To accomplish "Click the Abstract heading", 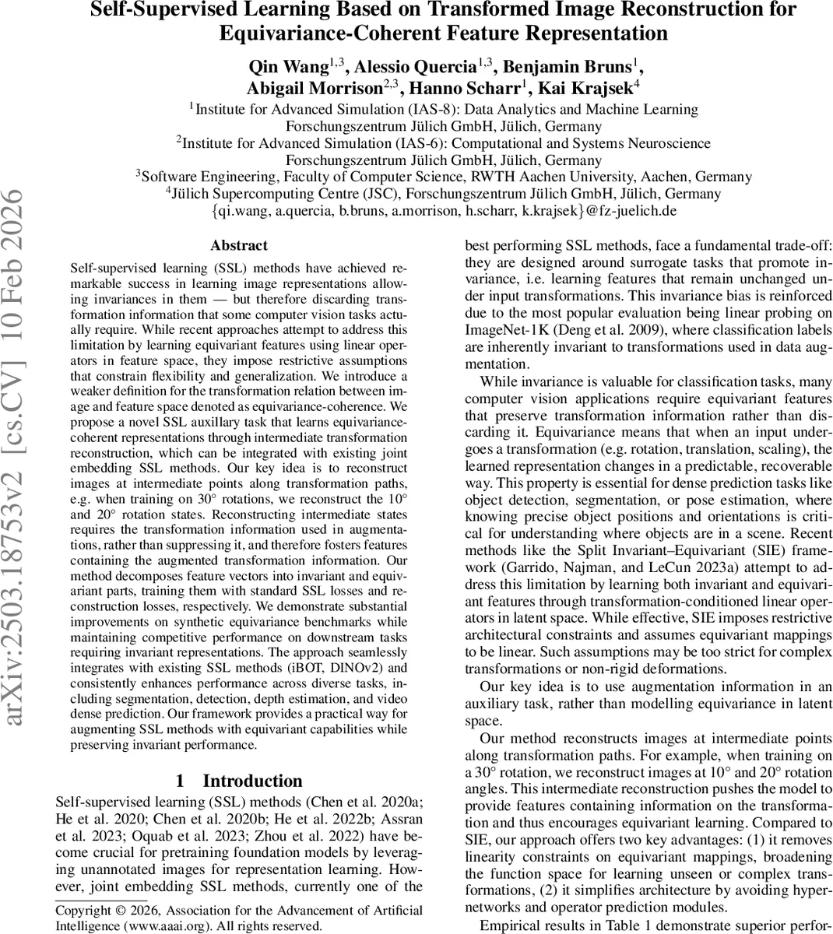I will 238,245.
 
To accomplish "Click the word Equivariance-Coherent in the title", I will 343,33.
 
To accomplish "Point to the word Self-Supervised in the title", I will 164,10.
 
